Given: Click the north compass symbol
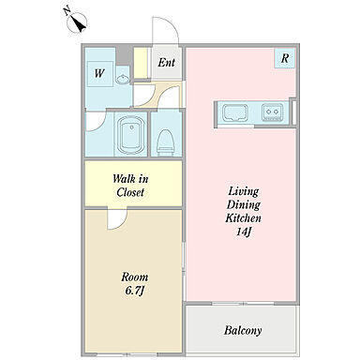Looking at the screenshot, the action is pos(77,22).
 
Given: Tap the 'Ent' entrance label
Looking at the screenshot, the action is pos(166,63).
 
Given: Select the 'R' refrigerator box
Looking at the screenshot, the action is pos(285,58).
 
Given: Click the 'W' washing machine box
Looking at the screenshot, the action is pos(99,74).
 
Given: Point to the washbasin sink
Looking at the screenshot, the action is pos(123,80).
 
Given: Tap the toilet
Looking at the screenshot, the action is pos(166,142).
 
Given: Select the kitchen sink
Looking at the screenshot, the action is pos(235,112).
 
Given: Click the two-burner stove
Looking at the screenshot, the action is pos(272,112).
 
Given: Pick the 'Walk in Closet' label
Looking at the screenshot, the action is pos(130,186).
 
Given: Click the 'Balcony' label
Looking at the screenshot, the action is pos(243,330).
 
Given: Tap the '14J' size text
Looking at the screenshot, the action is pos(244,232).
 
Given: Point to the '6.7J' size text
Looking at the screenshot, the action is pos(134,291).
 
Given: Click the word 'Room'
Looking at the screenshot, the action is pos(135,277).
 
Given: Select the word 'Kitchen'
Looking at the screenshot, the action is pos(243,217).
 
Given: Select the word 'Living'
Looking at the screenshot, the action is pos(244,191).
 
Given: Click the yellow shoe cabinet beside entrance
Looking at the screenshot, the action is pos(141,63).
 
